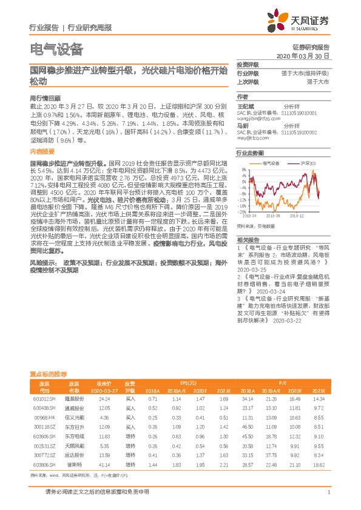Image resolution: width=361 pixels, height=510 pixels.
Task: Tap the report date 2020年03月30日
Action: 303,55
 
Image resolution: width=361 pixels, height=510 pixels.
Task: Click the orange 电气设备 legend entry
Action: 267,164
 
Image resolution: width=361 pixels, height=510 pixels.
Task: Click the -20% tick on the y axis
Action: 241,213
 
